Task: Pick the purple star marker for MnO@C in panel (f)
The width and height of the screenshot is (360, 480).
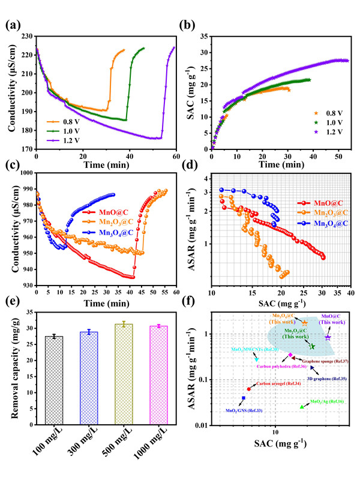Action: (x=328, y=338)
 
